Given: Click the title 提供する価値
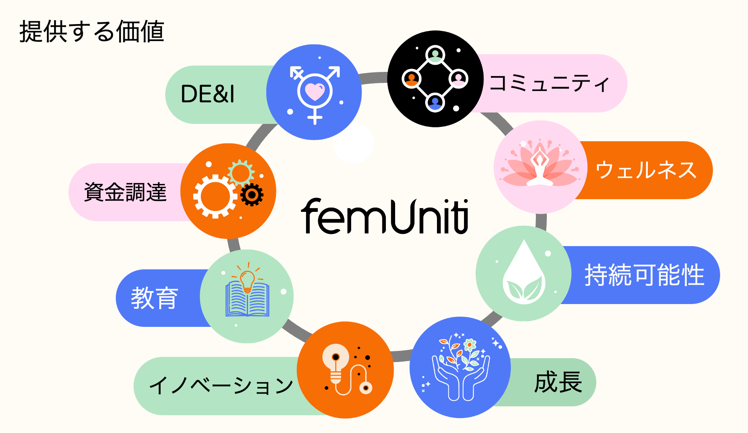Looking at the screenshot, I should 92,32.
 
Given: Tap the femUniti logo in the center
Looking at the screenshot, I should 385,216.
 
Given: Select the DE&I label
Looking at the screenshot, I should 207,94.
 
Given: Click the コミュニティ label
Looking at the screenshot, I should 549,83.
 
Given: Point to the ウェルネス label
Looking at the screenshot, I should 646,170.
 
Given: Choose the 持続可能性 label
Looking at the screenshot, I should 644,275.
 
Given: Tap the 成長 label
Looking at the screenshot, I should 558,382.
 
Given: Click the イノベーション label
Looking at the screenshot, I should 221,386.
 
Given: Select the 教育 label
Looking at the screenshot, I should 154,298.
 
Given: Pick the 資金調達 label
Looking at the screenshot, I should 126,192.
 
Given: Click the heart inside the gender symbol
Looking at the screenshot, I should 315,91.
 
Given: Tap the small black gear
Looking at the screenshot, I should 252,195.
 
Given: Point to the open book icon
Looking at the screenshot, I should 247,299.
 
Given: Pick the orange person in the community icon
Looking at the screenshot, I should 411,79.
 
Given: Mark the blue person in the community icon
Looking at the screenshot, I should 435,102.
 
